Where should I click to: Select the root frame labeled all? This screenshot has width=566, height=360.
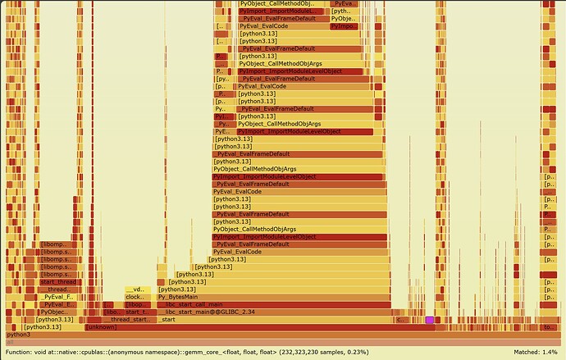[x=282, y=342]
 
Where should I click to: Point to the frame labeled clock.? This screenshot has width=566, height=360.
[x=135, y=297]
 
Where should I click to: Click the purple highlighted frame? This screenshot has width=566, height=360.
[x=429, y=320]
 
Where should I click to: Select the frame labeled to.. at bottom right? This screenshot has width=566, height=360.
[x=549, y=327]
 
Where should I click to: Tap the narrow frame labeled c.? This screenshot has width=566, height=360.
[x=399, y=320]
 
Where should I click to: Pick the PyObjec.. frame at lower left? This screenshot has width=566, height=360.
[x=56, y=312]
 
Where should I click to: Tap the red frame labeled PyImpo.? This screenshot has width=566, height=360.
[x=345, y=26]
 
